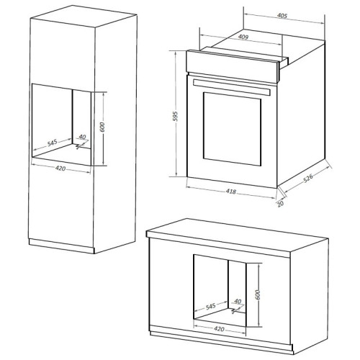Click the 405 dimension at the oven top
coord(282,16)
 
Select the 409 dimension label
coord(243,37)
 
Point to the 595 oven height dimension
coord(176,116)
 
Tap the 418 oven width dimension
coord(231,192)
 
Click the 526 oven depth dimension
coord(308,178)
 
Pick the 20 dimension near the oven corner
coord(280,204)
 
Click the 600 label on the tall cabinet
coord(102,127)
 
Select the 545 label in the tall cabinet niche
coord(52,143)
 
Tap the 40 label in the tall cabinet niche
coord(82,137)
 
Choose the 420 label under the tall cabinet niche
coord(60,168)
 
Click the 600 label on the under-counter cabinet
coord(258,294)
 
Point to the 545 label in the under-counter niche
coord(211,306)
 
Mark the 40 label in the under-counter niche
coord(238,301)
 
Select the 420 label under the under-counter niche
coord(219,329)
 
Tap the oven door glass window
coord(232,129)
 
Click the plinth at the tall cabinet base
coord(62,246)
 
